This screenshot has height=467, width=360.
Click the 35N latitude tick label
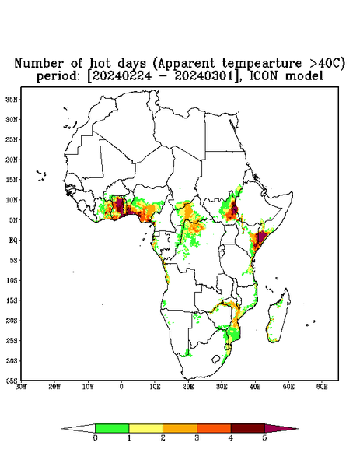pos(12,100)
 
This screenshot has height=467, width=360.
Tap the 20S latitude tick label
pos(12,321)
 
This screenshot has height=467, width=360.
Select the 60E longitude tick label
pos(322,387)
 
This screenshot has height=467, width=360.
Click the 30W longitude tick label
pos(21,387)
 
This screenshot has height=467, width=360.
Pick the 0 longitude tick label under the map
pos(121,387)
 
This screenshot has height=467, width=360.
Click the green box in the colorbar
pos(112,428)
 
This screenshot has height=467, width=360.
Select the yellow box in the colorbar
pos(145,428)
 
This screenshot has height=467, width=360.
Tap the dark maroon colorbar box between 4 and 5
pos(248,428)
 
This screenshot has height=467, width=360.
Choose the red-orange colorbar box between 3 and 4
pos(214,428)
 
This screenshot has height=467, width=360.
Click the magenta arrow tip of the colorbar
pos(298,429)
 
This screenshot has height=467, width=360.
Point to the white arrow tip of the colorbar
pos(61,429)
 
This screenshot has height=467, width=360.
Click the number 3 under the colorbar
pos(197,438)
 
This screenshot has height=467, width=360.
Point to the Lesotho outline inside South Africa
pos(216,359)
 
